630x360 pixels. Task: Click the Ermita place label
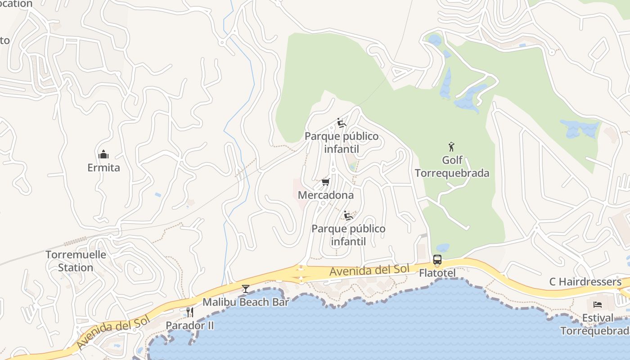tap(103, 168)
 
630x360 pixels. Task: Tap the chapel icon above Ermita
tap(103, 155)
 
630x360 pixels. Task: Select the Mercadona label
tap(326, 195)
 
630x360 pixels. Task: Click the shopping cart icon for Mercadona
tap(326, 182)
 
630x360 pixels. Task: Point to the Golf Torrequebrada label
tap(452, 167)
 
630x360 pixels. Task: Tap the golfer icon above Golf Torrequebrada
tap(452, 147)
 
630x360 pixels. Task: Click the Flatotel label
tap(437, 273)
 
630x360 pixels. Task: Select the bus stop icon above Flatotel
tap(437, 260)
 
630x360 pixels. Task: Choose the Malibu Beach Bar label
tap(245, 302)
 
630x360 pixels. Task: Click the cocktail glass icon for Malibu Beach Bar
tap(245, 288)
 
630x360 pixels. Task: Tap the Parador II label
tap(190, 325)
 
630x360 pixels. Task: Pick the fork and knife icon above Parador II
tap(190, 312)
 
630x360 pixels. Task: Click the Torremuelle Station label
tap(76, 261)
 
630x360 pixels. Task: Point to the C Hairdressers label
tap(585, 282)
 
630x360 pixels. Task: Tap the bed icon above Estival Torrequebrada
tap(598, 305)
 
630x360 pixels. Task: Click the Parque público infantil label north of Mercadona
tap(342, 143)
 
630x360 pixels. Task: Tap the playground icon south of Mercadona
tap(348, 216)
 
